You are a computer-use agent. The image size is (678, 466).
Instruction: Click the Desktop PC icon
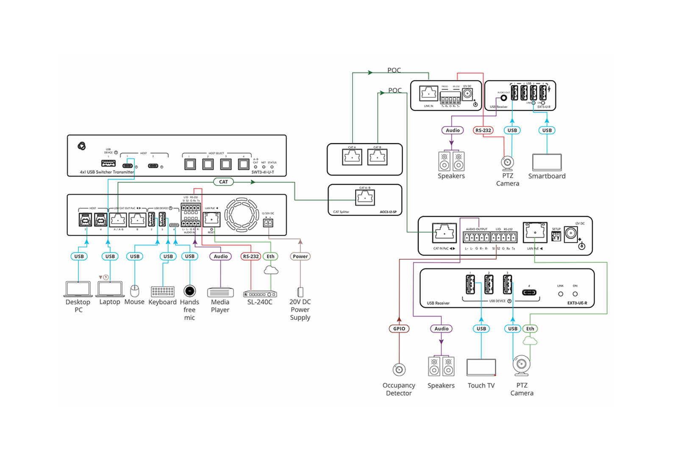[x=78, y=289]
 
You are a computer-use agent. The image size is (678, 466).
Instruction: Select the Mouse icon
[x=134, y=291]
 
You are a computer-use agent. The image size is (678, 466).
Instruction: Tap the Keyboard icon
[x=163, y=291]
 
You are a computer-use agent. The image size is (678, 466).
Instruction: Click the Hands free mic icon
[x=189, y=291]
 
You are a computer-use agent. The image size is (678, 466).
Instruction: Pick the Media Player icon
[x=220, y=292]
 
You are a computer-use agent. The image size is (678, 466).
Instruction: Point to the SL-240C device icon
[x=260, y=294]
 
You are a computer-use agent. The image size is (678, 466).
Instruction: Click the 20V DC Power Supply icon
[x=300, y=292]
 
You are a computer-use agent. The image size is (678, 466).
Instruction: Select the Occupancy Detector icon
[x=399, y=370]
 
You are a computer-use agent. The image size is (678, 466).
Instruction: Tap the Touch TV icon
[x=481, y=367]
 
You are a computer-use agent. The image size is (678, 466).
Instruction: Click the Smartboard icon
[x=547, y=162]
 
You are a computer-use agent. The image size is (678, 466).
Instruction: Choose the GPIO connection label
[x=399, y=329]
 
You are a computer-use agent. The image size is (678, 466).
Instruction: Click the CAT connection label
[x=223, y=182]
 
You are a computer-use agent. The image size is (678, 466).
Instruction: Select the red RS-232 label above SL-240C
[x=251, y=256]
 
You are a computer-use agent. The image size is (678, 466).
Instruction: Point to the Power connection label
[x=300, y=256]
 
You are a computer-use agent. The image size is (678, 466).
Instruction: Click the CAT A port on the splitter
[x=352, y=157]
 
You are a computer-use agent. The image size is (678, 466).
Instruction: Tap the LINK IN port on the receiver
[x=428, y=94]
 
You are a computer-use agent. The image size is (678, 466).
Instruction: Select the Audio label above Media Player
[x=220, y=256]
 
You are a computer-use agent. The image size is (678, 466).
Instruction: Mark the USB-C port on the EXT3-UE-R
[x=529, y=292]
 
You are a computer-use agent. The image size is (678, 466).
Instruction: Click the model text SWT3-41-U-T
[x=263, y=172]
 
